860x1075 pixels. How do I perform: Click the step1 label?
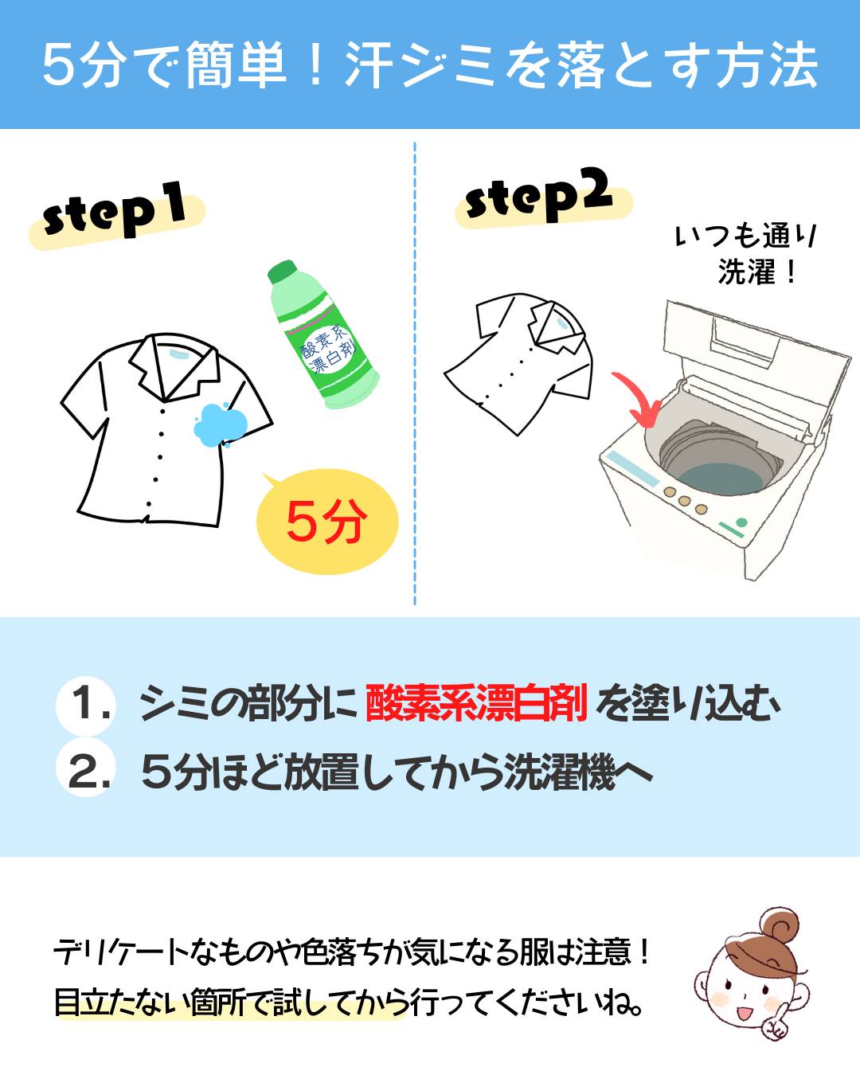point(115,215)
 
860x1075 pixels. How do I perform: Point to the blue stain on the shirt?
point(220,424)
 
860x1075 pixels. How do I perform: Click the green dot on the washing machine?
point(741,522)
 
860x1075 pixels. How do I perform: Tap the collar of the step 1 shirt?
point(176,365)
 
